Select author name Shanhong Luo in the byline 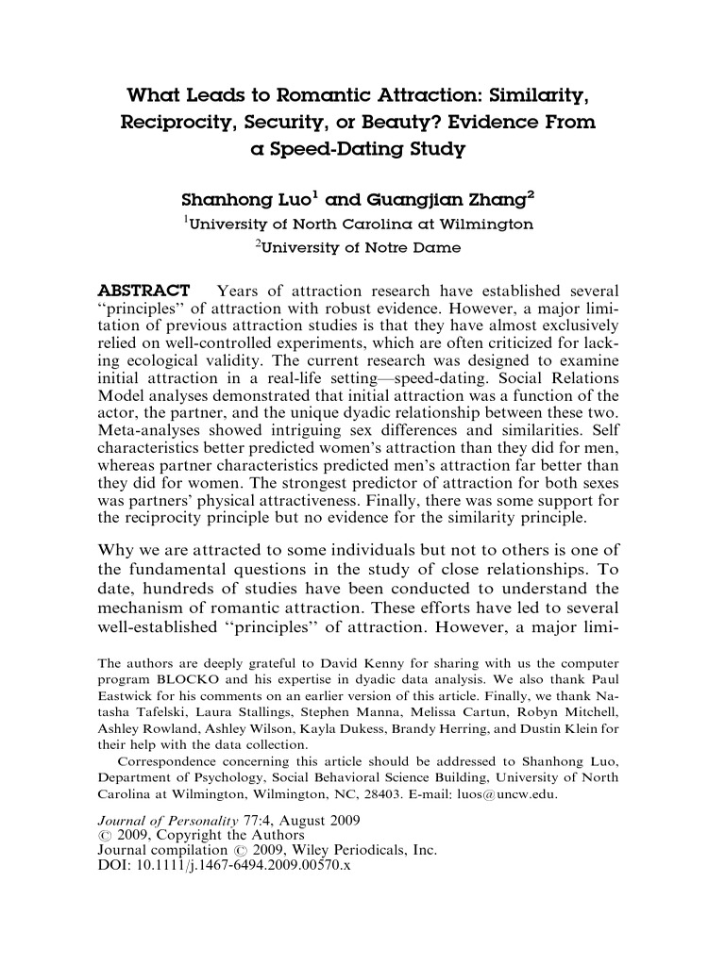tap(247, 201)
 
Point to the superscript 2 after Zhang tap(531, 195)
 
